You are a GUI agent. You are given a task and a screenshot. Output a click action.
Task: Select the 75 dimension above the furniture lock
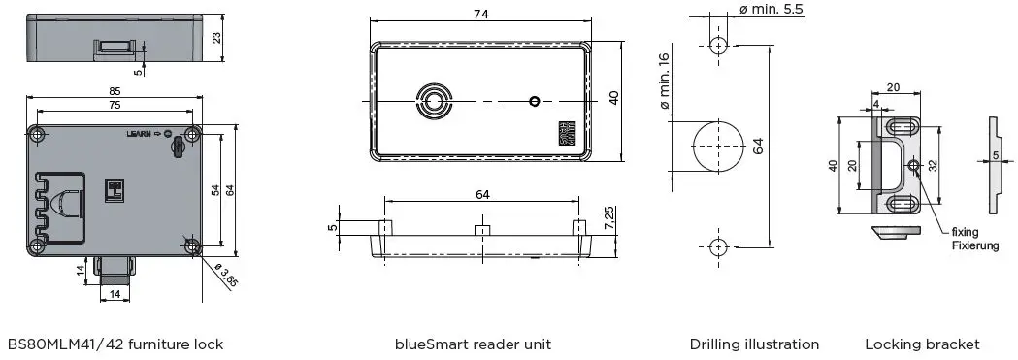point(114,105)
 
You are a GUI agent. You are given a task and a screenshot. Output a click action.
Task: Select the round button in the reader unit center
point(433,101)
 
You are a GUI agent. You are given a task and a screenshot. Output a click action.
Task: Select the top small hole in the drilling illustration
point(718,45)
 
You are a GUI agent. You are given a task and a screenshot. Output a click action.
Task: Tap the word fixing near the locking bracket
point(965,232)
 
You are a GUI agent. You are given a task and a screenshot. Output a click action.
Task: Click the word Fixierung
point(974,246)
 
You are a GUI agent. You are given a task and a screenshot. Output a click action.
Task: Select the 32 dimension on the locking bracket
point(931,165)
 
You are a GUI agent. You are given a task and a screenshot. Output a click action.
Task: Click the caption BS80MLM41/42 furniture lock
point(115,344)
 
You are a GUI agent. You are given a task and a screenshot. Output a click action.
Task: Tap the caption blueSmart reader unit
point(474,344)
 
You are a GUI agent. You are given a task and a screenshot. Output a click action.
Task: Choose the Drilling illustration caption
point(754,344)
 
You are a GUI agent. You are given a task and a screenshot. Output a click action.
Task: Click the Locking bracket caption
point(922,344)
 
